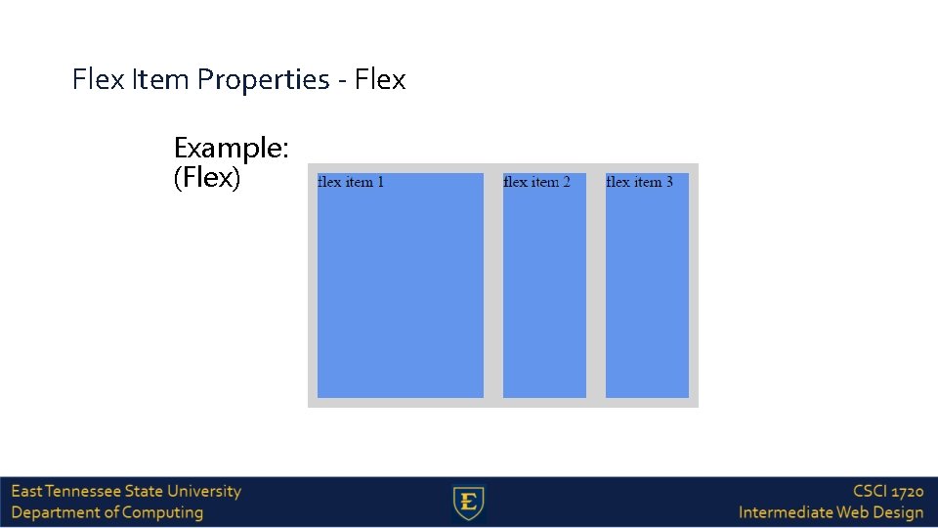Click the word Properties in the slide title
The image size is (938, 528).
(x=263, y=80)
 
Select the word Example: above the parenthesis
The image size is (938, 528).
(x=231, y=148)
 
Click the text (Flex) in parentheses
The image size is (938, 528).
(x=206, y=178)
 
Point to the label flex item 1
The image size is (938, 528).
(x=351, y=182)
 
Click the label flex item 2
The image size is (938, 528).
(x=536, y=182)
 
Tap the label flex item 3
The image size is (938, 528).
(x=639, y=182)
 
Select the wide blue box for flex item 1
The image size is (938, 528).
(x=400, y=293)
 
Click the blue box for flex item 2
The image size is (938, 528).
(x=544, y=293)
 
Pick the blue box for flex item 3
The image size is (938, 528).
(x=647, y=293)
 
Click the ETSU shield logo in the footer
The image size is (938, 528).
(x=469, y=503)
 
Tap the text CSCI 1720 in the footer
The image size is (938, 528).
(x=887, y=492)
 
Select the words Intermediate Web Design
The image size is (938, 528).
(x=831, y=512)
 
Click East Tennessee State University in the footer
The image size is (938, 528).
(x=126, y=492)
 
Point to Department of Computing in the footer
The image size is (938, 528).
(x=107, y=512)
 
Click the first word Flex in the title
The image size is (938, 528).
(x=98, y=80)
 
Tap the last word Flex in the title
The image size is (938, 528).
(x=380, y=80)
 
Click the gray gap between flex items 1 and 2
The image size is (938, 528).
(x=493, y=293)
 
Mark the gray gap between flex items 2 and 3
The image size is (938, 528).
(x=596, y=293)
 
